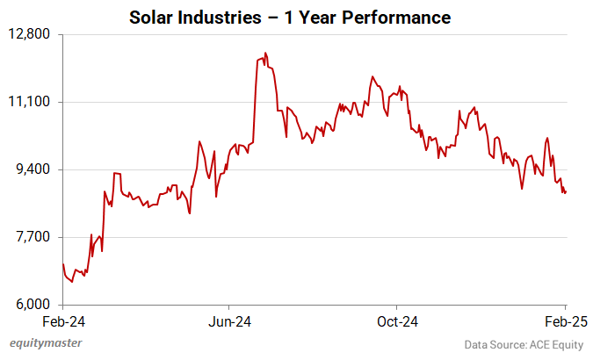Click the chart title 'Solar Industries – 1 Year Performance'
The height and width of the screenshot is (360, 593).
coord(290,18)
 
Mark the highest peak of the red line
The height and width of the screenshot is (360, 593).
coord(265,53)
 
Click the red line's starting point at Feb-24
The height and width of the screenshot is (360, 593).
coord(63,264)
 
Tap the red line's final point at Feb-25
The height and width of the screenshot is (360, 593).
coord(565,192)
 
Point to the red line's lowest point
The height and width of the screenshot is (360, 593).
coord(72,282)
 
